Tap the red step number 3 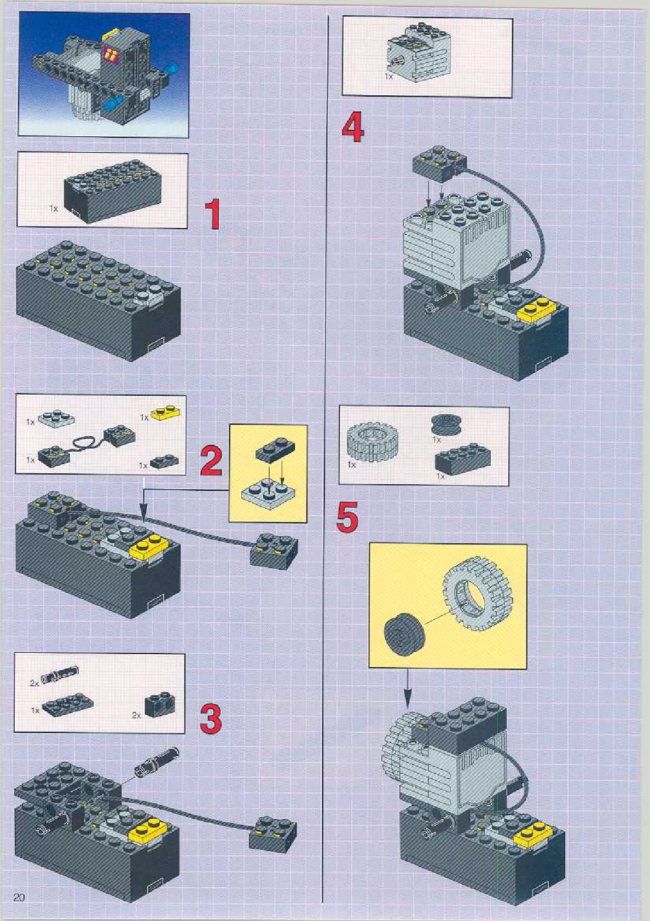(211, 719)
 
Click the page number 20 (19, 897)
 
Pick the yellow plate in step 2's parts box (167, 414)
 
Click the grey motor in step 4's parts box (416, 53)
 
